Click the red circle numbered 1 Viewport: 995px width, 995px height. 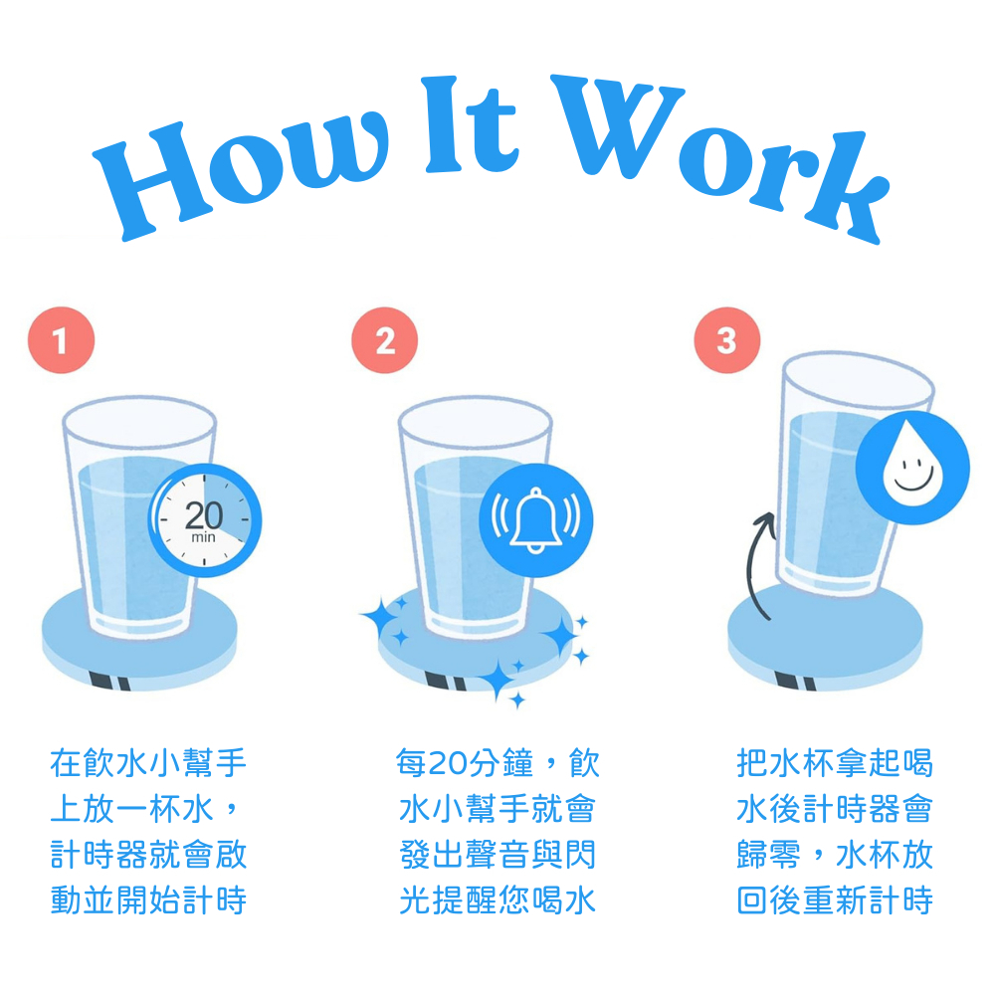click(61, 340)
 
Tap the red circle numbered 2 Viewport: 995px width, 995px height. click(384, 340)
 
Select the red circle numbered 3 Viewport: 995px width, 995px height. click(727, 340)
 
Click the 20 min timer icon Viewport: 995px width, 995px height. click(204, 520)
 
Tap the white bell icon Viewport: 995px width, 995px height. click(535, 520)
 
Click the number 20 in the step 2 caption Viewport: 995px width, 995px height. click(449, 763)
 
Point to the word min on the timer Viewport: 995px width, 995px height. click(203, 537)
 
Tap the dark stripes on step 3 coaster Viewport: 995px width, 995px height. click(795, 682)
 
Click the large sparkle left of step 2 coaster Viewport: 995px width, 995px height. click(383, 617)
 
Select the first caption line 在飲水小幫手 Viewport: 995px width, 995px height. click(148, 763)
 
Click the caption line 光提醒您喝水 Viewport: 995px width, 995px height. click(497, 900)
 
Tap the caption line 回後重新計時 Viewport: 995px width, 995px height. click(835, 900)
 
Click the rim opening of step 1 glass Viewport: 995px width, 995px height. click(139, 423)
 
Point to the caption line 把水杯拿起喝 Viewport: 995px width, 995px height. click(835, 763)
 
